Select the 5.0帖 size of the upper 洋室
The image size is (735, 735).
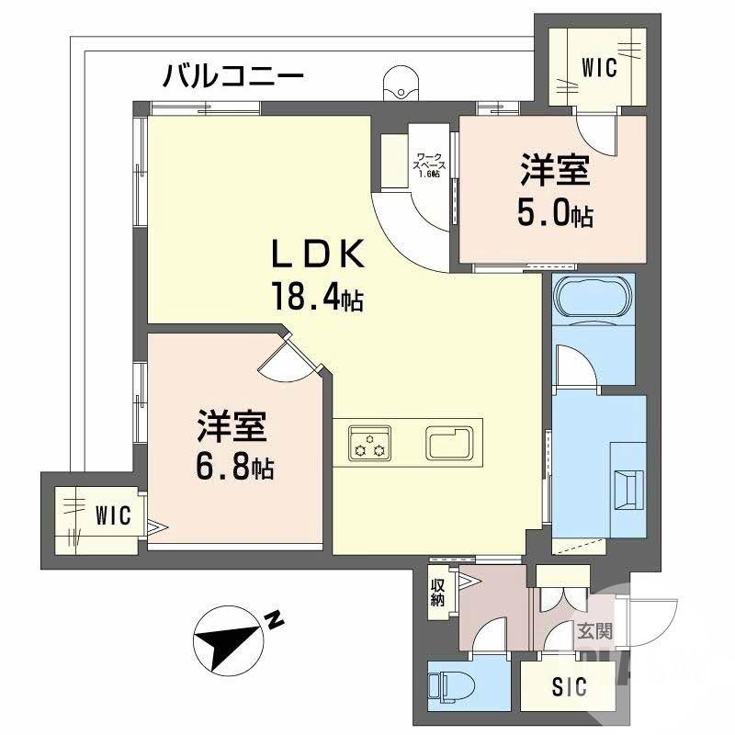tap(554, 215)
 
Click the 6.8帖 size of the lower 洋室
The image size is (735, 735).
tap(232, 469)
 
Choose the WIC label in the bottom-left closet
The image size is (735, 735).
tap(117, 514)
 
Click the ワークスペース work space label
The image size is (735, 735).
tap(430, 164)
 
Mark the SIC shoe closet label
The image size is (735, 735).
tap(570, 686)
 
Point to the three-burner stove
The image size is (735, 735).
tap(368, 442)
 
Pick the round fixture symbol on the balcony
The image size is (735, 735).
tap(400, 83)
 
